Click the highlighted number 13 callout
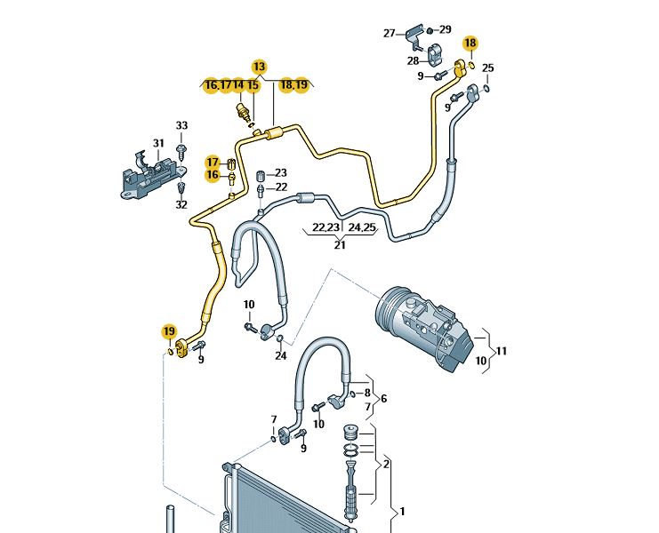point(260,67)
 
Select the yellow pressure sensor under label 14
point(240,111)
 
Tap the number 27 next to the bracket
point(390,33)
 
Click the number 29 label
point(445,29)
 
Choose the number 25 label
point(487,68)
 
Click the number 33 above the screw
point(181,125)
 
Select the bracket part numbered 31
point(150,176)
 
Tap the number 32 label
point(181,205)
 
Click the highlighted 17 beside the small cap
point(213,162)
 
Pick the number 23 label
point(281,172)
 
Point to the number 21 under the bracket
point(340,244)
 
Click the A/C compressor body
point(423,328)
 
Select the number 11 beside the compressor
point(501,350)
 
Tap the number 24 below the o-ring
point(281,356)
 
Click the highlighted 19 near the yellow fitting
point(169,331)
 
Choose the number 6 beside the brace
point(383,398)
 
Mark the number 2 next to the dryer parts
point(386,465)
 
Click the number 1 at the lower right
point(402,512)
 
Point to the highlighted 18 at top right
point(470,43)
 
